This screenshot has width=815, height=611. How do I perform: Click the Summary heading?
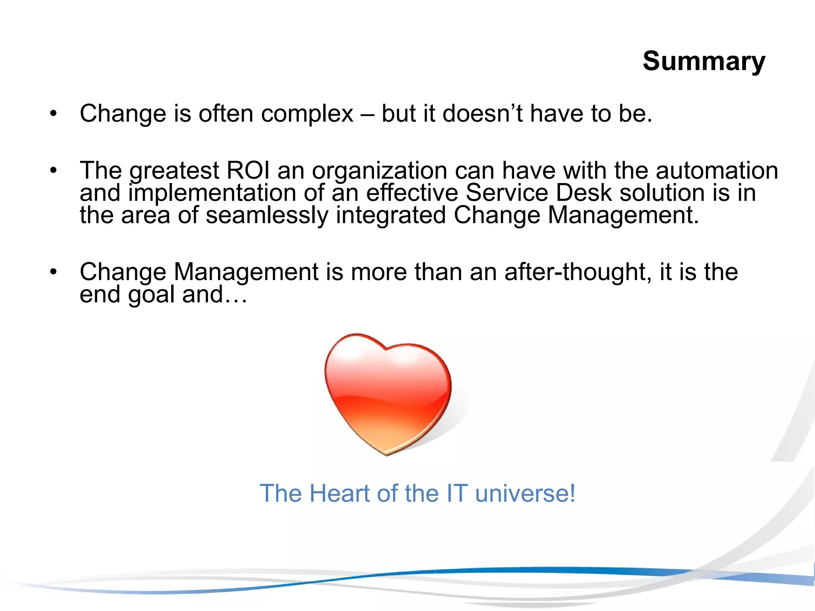704,62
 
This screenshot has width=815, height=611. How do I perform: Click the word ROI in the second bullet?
248,171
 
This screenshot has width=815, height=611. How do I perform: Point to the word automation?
717,171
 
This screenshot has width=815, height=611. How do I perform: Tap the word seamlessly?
267,215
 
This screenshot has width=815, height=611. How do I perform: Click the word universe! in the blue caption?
525,493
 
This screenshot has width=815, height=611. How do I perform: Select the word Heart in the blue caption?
340,493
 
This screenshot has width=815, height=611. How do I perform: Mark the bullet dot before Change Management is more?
53,272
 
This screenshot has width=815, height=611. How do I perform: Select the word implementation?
212,193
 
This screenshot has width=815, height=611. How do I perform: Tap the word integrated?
391,215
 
